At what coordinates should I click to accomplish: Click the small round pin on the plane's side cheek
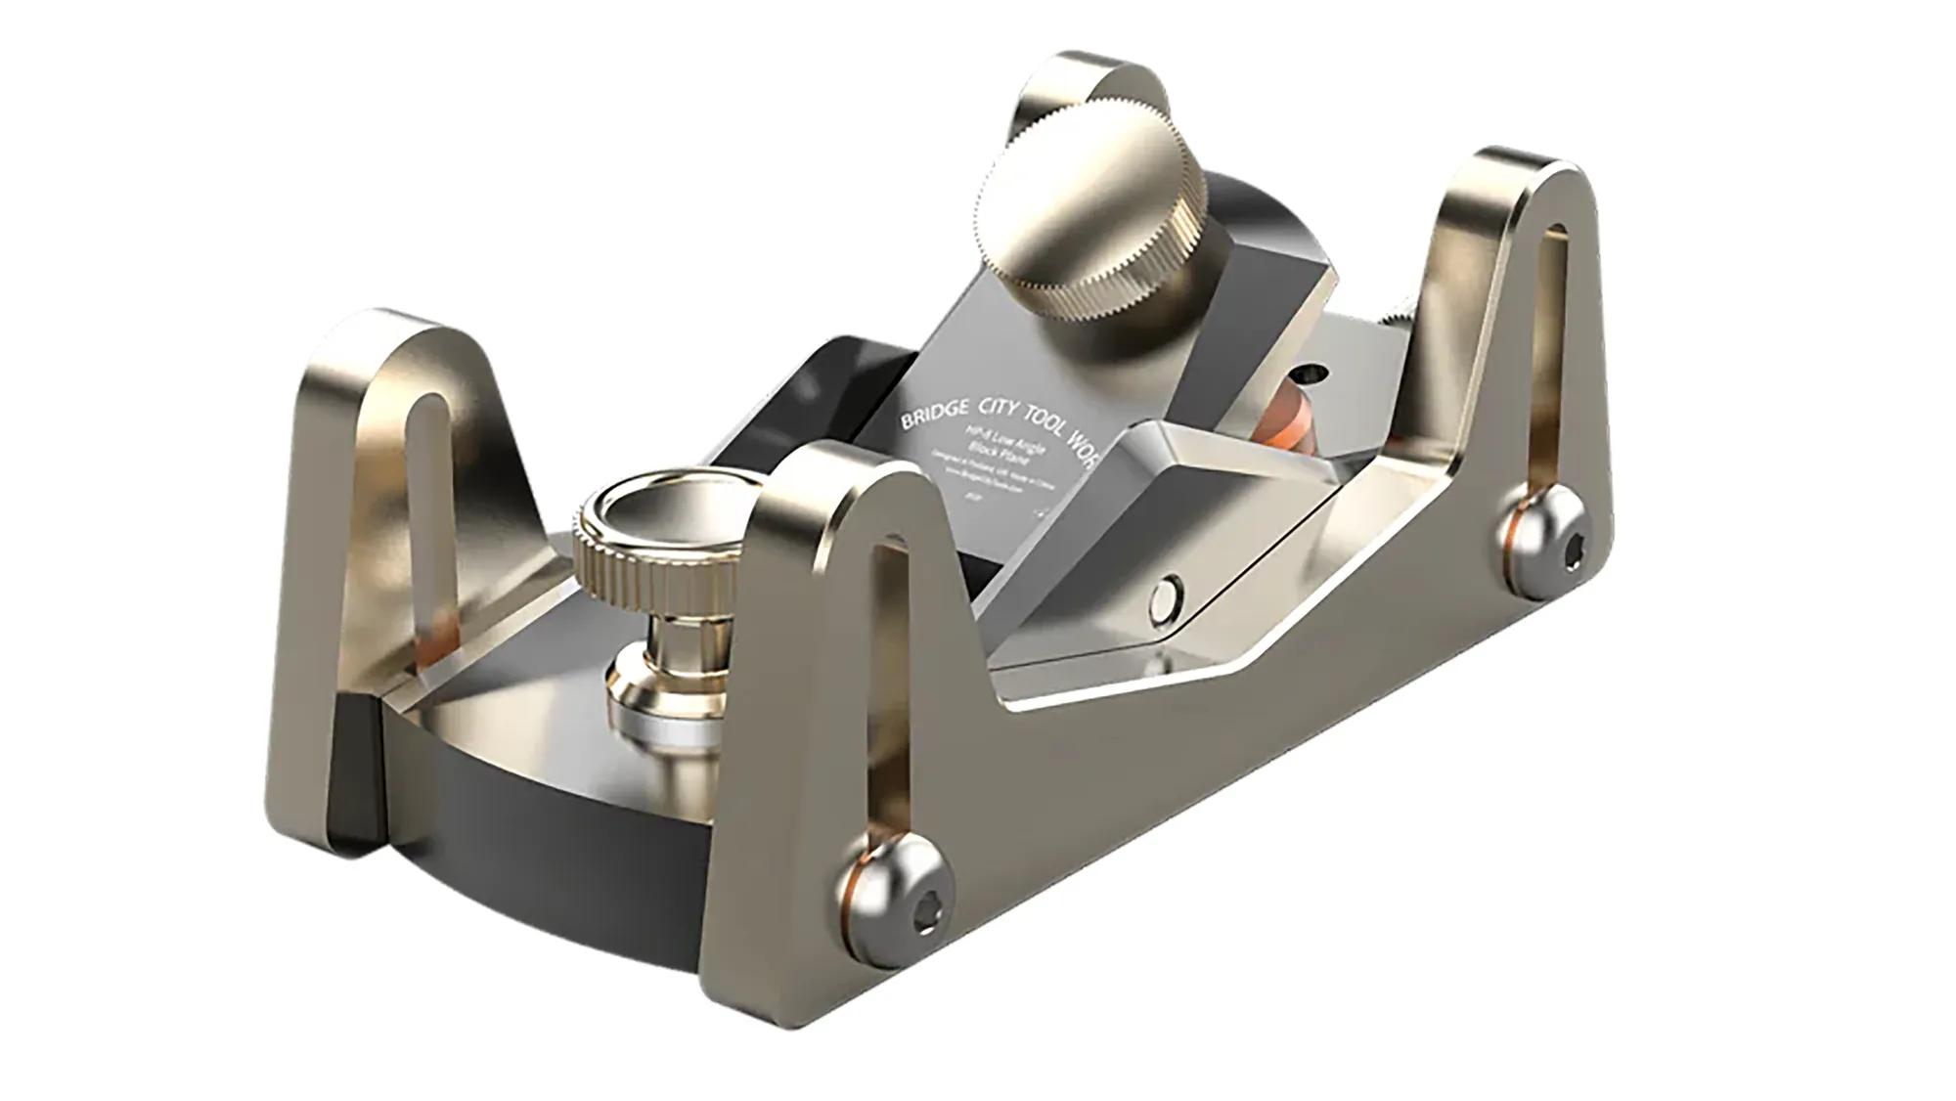tap(1167, 594)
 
